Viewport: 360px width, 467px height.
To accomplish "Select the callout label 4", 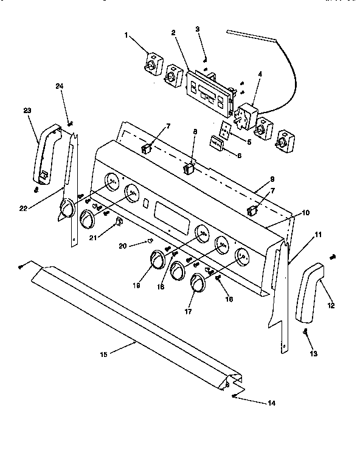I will pyautogui.click(x=260, y=75).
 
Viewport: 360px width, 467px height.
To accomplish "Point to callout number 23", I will pyautogui.click(x=27, y=110).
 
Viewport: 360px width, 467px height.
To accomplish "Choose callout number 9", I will pyautogui.click(x=272, y=181).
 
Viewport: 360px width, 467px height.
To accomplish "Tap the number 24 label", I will pyautogui.click(x=59, y=86).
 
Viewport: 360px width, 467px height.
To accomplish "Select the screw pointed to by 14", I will pyautogui.click(x=235, y=396).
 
